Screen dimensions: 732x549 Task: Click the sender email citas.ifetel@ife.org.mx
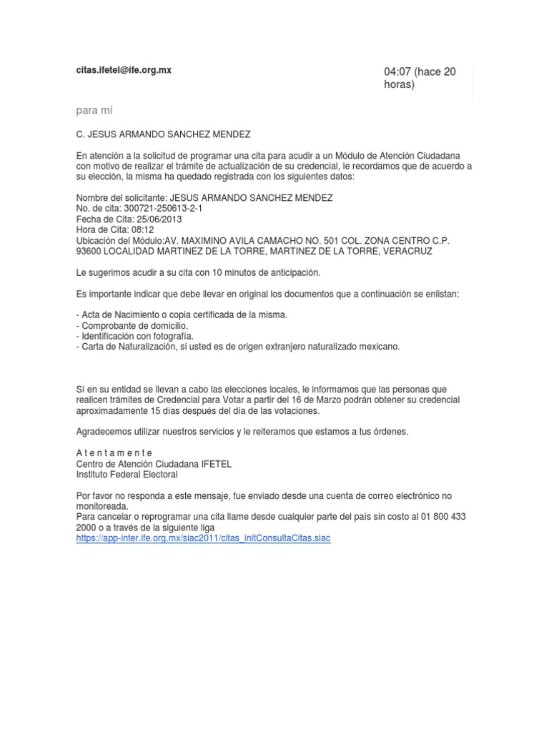(124, 70)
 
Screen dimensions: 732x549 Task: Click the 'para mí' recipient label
(94, 110)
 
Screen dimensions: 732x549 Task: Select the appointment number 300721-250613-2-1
(162, 208)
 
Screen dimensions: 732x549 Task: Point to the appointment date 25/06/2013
(160, 219)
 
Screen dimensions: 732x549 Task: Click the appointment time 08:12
(142, 230)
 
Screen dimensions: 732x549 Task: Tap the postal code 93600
(89, 252)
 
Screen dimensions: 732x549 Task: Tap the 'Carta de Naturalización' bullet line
(238, 346)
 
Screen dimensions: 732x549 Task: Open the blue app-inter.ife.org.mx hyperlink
(203, 538)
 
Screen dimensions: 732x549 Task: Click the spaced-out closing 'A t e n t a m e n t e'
(114, 453)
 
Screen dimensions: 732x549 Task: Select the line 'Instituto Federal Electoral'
(127, 474)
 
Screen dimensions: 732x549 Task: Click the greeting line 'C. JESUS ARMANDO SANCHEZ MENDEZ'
(164, 133)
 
